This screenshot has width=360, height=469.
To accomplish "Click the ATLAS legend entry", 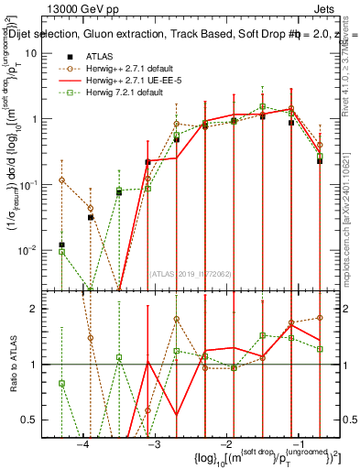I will (98, 56).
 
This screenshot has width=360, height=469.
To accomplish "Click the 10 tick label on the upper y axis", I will (31, 53).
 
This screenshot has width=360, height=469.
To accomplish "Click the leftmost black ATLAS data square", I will (61, 245).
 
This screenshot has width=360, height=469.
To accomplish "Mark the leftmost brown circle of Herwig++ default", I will (61, 180).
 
